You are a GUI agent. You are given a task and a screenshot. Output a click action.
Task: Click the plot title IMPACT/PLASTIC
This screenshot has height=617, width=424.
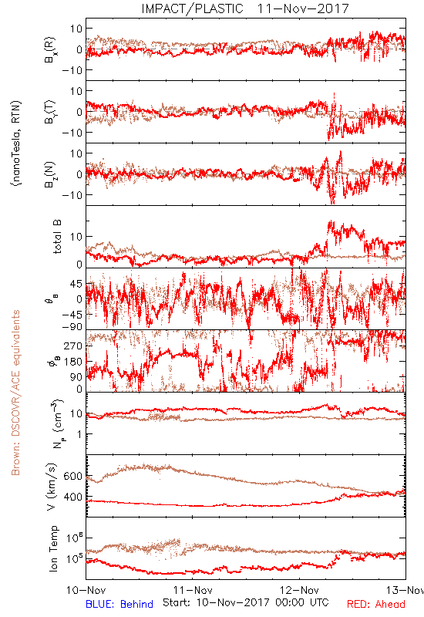pyautogui.click(x=192, y=8)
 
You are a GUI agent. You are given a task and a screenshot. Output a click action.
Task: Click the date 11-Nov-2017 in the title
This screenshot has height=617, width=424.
pyautogui.click(x=303, y=8)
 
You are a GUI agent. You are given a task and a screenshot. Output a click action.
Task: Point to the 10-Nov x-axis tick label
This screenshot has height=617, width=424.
pyautogui.click(x=86, y=590)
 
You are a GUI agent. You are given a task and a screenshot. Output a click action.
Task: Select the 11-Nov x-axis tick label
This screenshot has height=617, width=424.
pyautogui.click(x=193, y=590)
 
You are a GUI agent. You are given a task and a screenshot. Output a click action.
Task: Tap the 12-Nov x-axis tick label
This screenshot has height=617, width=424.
pyautogui.click(x=299, y=590)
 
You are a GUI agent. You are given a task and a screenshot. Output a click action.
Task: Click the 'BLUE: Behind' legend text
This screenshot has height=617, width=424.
pyautogui.click(x=119, y=604)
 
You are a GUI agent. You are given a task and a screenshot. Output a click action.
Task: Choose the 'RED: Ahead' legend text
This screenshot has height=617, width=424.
pyautogui.click(x=376, y=604)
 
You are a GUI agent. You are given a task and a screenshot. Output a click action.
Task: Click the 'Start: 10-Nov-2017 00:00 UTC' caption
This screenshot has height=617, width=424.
pyautogui.click(x=246, y=602)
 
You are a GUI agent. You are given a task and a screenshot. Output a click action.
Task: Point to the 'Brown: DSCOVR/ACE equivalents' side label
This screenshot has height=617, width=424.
pyautogui.click(x=15, y=393)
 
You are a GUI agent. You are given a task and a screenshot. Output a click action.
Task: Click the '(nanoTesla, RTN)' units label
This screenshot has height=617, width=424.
pyautogui.click(x=16, y=143)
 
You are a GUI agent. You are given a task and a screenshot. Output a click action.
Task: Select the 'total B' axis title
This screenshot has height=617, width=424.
pyautogui.click(x=56, y=237)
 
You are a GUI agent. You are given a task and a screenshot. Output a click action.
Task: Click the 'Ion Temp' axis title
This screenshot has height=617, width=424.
pyautogui.click(x=53, y=548)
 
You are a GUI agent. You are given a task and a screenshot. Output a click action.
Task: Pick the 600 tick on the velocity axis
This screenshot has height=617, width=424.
pyautogui.click(x=73, y=476)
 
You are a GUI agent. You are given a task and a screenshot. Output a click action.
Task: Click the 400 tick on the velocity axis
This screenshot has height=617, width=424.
pyautogui.click(x=73, y=497)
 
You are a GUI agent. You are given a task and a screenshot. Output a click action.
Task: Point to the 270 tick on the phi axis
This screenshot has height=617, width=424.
pyautogui.click(x=73, y=346)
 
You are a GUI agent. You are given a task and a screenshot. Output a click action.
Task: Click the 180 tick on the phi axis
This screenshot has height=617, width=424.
pyautogui.click(x=73, y=361)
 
